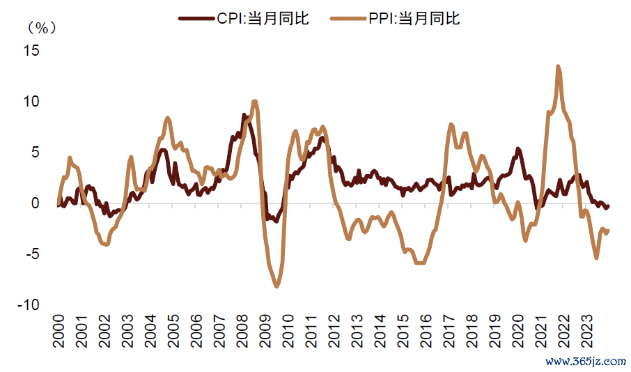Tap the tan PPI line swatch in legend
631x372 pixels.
pos(345,19)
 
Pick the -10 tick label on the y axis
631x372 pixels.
pos(28,305)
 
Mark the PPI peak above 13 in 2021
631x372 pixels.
pos(559,67)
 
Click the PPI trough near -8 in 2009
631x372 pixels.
pos(276,286)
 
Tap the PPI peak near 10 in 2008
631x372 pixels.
pos(254,102)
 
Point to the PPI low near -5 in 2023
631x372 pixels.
pos(596,258)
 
